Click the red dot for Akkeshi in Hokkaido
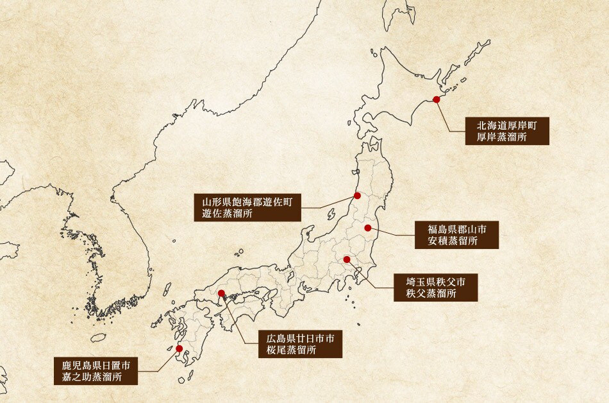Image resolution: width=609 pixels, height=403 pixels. pyautogui.click(x=437, y=99)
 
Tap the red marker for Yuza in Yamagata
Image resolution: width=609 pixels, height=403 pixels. pyautogui.click(x=358, y=196)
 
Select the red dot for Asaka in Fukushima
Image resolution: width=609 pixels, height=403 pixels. pyautogui.click(x=368, y=228)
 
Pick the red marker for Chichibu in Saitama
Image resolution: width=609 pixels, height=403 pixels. pyautogui.click(x=347, y=259)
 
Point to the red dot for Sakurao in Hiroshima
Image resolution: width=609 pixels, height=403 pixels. pyautogui.click(x=222, y=294)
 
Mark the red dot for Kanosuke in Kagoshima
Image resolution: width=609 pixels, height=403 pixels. pyautogui.click(x=179, y=348)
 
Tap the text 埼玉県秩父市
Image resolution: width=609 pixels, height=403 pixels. pyautogui.click(x=435, y=282)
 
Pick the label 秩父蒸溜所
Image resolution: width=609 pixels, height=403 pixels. pyautogui.click(x=431, y=294)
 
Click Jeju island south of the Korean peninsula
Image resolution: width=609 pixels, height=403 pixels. pyautogui.click(x=97, y=338)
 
